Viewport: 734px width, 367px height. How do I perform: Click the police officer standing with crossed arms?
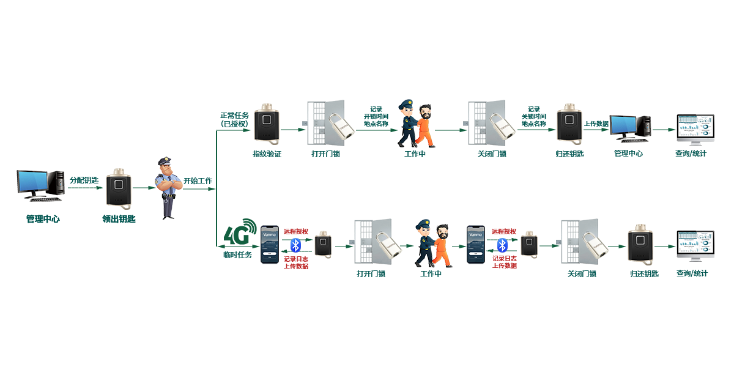point(168,188)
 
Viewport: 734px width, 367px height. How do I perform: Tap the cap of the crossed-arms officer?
point(165,161)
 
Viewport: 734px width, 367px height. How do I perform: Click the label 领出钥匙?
point(119,218)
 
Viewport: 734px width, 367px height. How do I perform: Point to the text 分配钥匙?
point(84,180)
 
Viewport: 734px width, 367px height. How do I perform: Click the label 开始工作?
point(198,181)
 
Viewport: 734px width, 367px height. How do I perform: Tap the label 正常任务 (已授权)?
point(234,119)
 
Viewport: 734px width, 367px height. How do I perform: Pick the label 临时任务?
point(237,254)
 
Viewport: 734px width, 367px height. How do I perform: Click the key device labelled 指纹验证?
point(267,124)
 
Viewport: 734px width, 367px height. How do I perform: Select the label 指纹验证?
point(267,154)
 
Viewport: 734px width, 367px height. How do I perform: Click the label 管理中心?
point(628,154)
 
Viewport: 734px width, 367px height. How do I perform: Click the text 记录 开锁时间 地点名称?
point(376,116)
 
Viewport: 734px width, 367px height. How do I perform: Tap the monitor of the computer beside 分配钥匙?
point(36,183)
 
